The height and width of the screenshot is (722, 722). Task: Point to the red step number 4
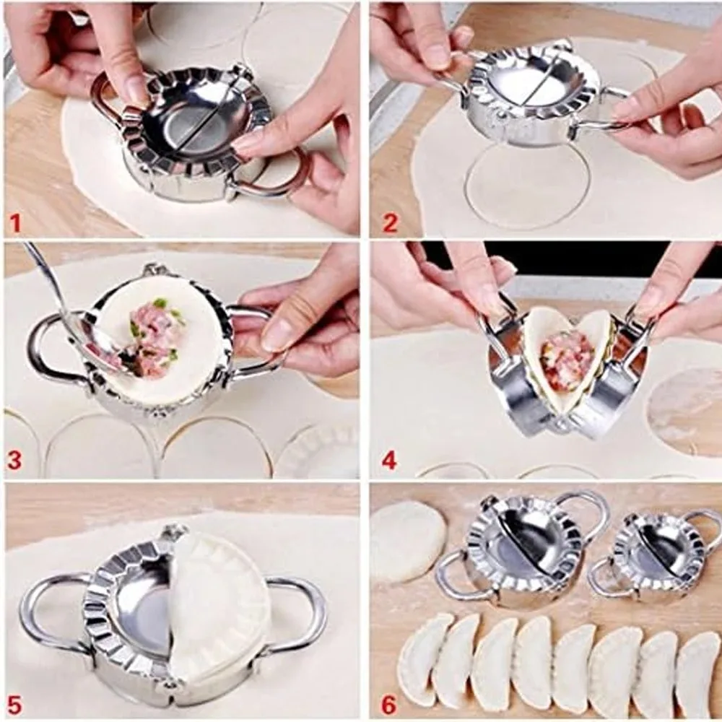pyautogui.click(x=390, y=461)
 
